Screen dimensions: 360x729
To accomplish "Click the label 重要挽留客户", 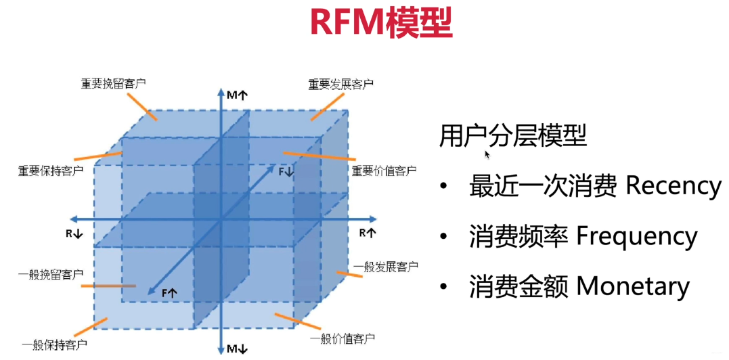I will coord(114,84).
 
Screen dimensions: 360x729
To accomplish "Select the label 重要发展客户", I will coord(341,85).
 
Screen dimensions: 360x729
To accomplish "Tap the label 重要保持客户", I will coord(51,170).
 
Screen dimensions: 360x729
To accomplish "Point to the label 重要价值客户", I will coord(384,171).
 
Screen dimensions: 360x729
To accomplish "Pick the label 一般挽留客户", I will coord(51,275).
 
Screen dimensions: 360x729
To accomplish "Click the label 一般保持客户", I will coord(55,345).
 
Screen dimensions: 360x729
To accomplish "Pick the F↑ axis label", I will coord(169,292).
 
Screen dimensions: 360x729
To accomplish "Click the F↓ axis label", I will coord(286,172).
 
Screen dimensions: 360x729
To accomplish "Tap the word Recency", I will coord(673,186).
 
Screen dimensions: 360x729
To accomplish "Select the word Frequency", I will coord(636,237).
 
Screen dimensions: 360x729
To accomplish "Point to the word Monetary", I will coord(633,287).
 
